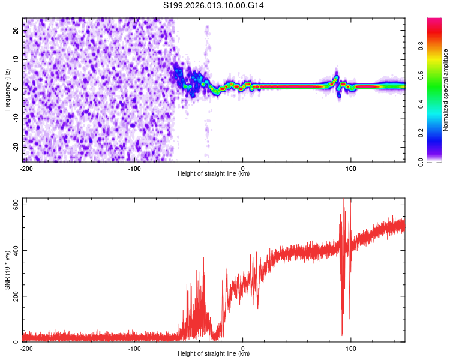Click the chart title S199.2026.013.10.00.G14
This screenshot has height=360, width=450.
pyautogui.click(x=214, y=5)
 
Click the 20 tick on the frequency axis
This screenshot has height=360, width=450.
pyautogui.click(x=16, y=30)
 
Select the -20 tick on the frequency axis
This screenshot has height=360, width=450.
pyautogui.click(x=15, y=147)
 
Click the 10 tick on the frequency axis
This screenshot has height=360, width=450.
pyautogui.click(x=16, y=59)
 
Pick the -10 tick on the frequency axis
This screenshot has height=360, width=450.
pyautogui.click(x=15, y=118)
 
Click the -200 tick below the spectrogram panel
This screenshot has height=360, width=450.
pyautogui.click(x=26, y=168)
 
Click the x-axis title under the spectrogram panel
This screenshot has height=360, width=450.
pyautogui.click(x=214, y=174)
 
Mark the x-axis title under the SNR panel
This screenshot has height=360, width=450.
pyautogui.click(x=214, y=354)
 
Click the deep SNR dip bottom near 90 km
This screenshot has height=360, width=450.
pyautogui.click(x=342, y=334)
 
